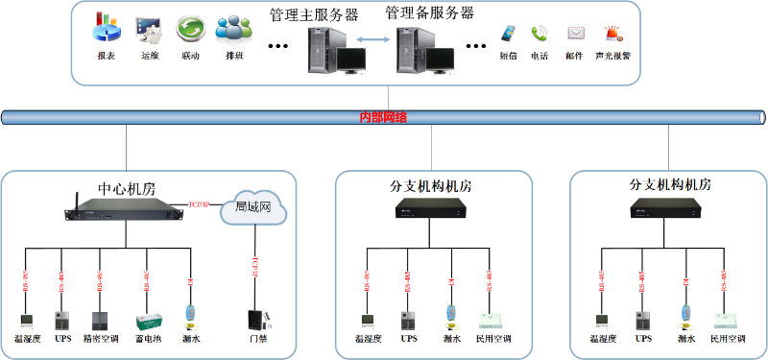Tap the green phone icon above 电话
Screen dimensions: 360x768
[540, 34]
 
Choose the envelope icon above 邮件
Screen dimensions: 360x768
[575, 34]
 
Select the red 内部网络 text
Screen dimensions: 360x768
[383, 117]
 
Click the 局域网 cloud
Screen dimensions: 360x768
[253, 208]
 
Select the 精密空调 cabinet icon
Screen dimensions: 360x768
[99, 320]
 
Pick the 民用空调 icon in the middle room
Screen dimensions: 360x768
[493, 319]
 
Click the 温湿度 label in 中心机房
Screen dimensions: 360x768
[26, 338]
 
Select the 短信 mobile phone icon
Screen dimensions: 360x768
[507, 34]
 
